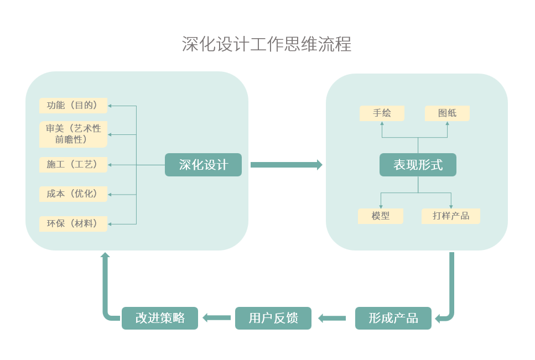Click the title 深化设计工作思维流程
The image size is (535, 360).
[x=267, y=44]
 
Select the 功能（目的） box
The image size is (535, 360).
[x=73, y=106]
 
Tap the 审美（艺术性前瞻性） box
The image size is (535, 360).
[x=73, y=134]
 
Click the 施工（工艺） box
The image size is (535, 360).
[x=73, y=165]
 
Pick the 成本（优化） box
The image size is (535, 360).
[x=73, y=194]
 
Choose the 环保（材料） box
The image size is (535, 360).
[x=73, y=224]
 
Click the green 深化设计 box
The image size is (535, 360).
[x=203, y=165]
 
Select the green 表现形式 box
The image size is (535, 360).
[x=418, y=165]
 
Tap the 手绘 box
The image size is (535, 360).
[x=382, y=113]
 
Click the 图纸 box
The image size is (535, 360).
[x=447, y=113]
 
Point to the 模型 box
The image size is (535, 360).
[x=381, y=216]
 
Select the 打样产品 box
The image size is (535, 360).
[x=450, y=216]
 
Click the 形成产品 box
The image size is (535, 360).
[x=393, y=318]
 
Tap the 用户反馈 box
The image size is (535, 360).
[x=273, y=318]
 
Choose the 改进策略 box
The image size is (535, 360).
[x=159, y=318]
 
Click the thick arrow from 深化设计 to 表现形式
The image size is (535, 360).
[x=286, y=165]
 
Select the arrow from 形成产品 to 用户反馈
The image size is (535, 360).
[x=333, y=318]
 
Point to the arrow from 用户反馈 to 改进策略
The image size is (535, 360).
[x=217, y=317]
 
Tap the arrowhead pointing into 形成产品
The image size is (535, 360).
[x=438, y=319]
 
